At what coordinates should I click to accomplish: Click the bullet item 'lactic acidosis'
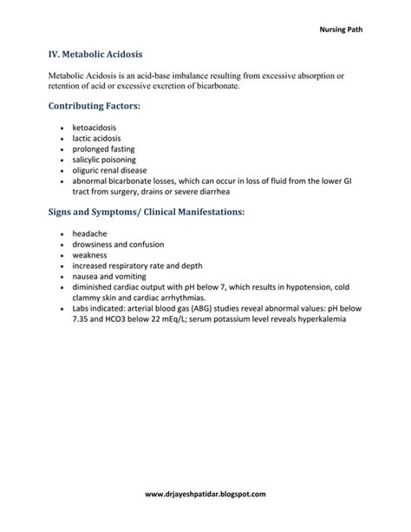click(x=97, y=139)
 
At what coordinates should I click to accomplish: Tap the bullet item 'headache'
click(x=90, y=234)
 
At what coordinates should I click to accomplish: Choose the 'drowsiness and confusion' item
click(x=117, y=245)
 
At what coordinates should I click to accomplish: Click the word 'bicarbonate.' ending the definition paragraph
click(x=211, y=87)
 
